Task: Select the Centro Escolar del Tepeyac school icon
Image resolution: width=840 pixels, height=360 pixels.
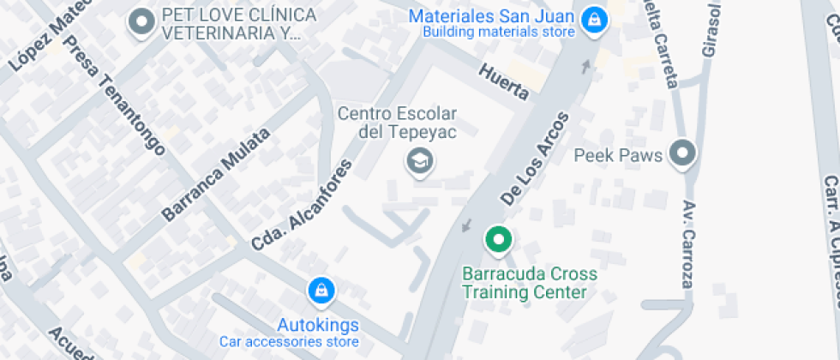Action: point(419,160)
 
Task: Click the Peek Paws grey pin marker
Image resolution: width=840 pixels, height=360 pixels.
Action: point(682,154)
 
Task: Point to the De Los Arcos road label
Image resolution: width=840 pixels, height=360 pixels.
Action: point(535,159)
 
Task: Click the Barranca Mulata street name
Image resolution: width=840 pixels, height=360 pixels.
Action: point(216,174)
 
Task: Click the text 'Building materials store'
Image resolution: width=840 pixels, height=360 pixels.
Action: point(498,33)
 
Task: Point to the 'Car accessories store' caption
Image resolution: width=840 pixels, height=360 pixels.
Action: point(288,342)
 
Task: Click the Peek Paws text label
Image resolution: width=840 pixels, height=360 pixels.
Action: point(618,156)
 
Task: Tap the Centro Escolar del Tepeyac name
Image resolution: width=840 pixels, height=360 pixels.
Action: point(398,123)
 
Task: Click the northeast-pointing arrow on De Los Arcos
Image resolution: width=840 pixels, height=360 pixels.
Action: point(587,66)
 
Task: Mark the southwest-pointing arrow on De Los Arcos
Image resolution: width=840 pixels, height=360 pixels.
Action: point(466,225)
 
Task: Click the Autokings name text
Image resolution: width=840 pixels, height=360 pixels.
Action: point(317,326)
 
